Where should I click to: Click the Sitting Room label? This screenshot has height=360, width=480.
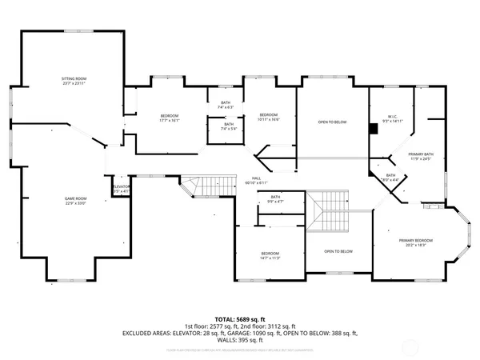[x=74, y=82]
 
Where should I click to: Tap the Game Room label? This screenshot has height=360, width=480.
[x=75, y=201]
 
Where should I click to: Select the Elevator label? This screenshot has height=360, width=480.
[x=120, y=189]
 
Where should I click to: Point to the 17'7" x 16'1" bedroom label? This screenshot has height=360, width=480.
[x=170, y=118]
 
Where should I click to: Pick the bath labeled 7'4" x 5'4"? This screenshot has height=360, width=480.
[x=229, y=126]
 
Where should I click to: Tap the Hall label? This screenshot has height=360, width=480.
[x=256, y=180]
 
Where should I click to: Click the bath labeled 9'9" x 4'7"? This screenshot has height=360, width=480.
[x=275, y=199]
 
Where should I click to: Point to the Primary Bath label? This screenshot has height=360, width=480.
[x=420, y=155]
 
